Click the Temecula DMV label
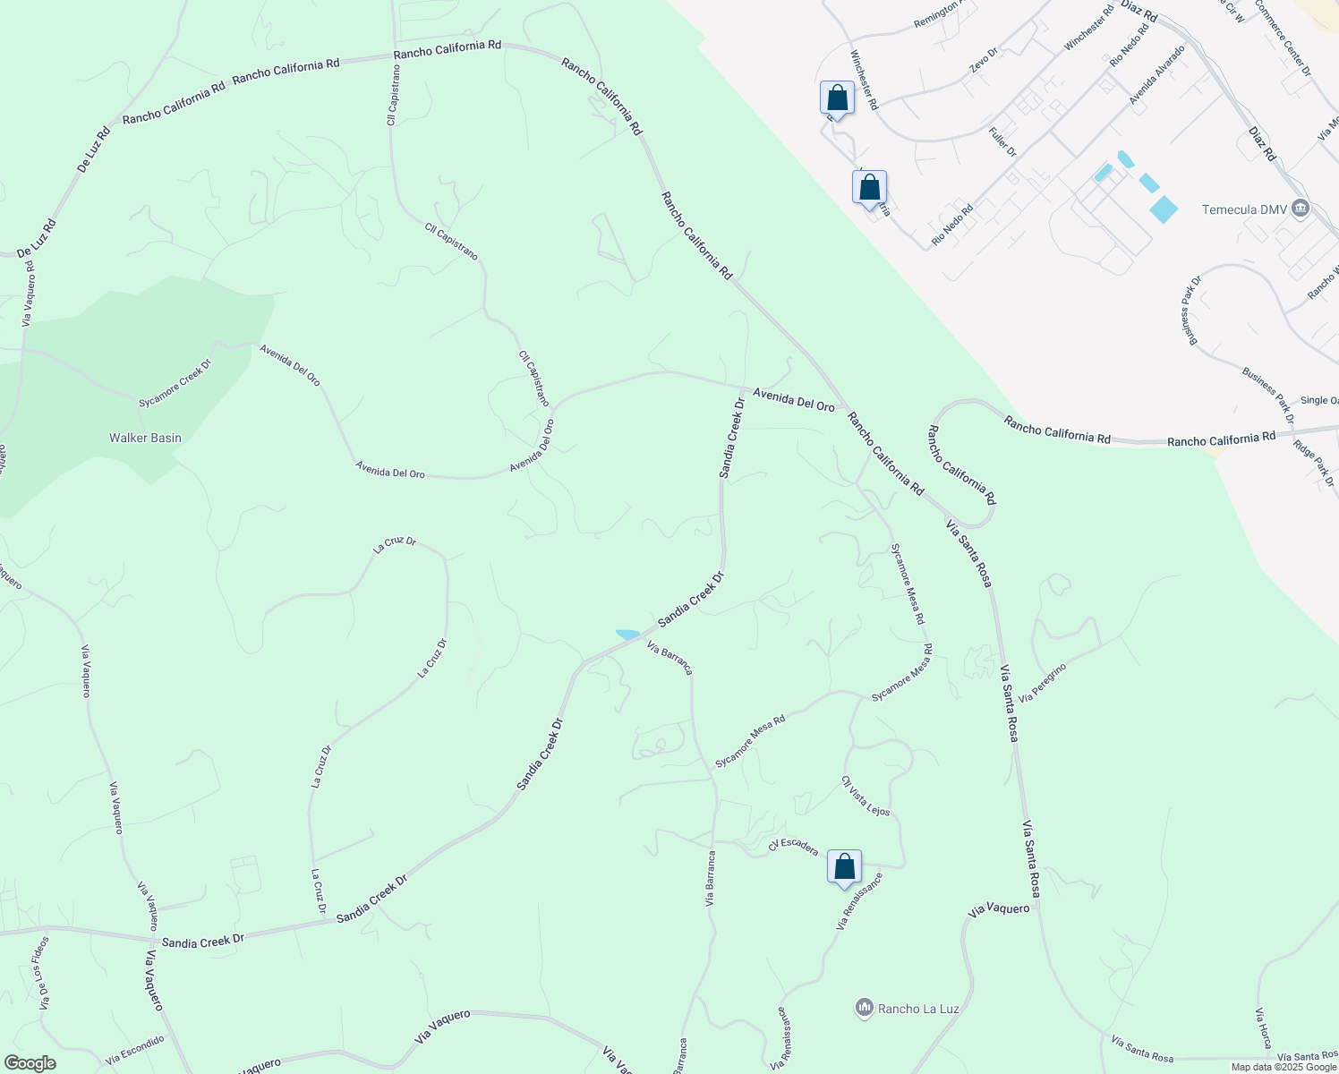1243,209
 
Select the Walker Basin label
145,438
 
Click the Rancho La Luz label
918,1009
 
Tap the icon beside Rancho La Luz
864,1008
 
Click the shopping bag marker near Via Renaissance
844,867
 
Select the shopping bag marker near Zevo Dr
837,98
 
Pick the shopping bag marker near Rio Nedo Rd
869,188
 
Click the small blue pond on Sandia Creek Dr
627,635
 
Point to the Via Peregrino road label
1043,683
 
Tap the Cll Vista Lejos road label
866,796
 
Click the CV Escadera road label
793,847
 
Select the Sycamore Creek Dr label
175,384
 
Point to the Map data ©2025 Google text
1283,1067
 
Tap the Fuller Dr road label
1002,141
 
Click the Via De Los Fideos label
44,973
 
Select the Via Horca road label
1263,1028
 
